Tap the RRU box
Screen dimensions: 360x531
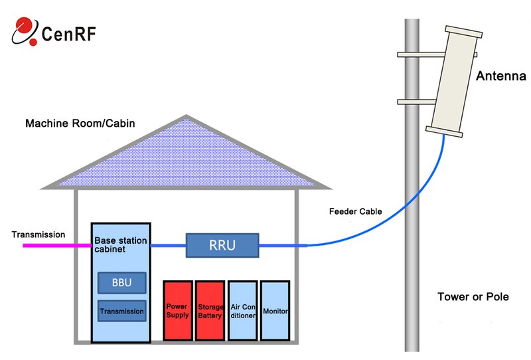(x=222, y=246)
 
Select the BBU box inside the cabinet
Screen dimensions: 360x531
(x=121, y=283)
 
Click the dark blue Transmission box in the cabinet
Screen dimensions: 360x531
(x=121, y=311)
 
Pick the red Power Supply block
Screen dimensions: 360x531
(x=178, y=311)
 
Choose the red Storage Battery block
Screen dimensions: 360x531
(x=210, y=311)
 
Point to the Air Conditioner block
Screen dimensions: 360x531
(x=242, y=311)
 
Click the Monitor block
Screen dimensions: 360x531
(x=275, y=311)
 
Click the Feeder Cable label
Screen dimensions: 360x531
(x=356, y=213)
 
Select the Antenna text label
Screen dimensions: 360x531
(x=501, y=77)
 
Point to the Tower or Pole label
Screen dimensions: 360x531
(x=473, y=297)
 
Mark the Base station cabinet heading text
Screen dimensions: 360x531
(x=120, y=244)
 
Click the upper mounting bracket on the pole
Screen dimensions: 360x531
(x=412, y=53)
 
